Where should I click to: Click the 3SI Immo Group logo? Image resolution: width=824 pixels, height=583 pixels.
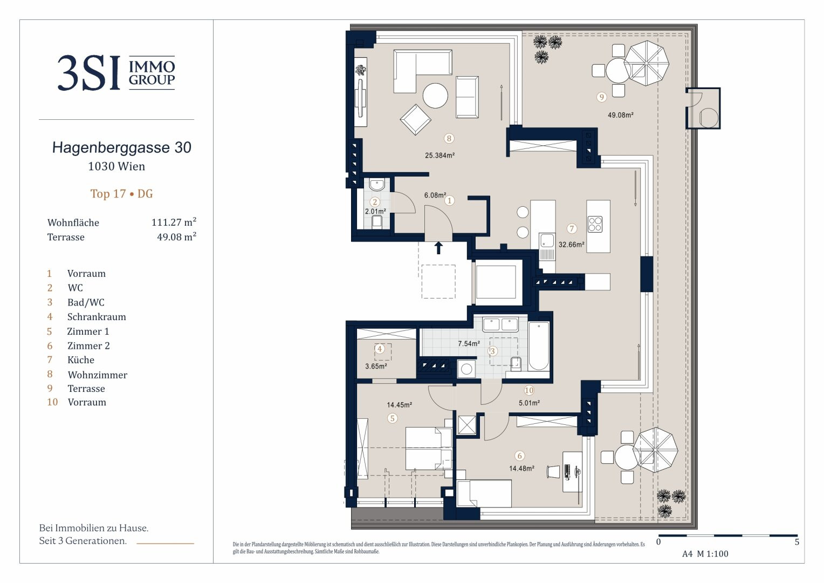(116, 72)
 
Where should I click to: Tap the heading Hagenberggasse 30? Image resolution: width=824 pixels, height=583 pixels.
(122, 148)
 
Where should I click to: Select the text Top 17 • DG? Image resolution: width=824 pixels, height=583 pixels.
(122, 194)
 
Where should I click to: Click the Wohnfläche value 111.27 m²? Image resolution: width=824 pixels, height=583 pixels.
(174, 222)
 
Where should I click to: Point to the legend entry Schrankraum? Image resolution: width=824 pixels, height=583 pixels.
(97, 317)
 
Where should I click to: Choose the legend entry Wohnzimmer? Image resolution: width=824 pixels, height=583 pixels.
(98, 375)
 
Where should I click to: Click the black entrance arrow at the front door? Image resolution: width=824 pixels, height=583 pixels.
(438, 248)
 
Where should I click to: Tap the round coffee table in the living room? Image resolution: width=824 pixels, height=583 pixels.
(435, 96)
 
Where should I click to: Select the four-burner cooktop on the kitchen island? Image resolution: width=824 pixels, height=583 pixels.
(595, 224)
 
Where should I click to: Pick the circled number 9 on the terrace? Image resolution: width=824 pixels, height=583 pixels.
(601, 97)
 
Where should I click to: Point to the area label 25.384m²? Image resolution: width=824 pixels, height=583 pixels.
(440, 155)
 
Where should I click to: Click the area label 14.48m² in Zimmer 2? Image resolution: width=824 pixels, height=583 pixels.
(521, 469)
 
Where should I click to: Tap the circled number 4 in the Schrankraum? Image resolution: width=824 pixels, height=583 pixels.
(379, 348)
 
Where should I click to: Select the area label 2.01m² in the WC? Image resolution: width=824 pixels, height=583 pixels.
(375, 212)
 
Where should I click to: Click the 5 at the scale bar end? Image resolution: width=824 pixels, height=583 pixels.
(797, 542)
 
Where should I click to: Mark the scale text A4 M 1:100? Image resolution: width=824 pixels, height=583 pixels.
(705, 554)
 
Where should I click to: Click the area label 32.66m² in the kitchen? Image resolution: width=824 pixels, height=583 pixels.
(571, 245)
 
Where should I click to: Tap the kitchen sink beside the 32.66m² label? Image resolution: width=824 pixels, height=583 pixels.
(547, 241)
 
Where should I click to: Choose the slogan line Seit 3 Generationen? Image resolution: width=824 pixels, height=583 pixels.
(83, 541)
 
